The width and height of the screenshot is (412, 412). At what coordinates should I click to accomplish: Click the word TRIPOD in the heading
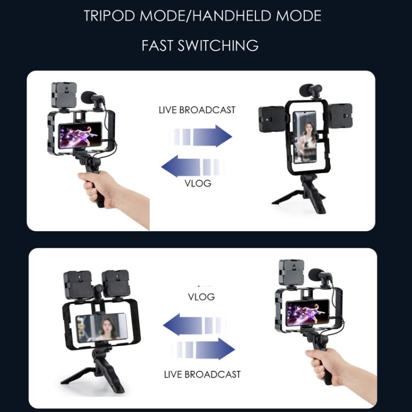(109, 15)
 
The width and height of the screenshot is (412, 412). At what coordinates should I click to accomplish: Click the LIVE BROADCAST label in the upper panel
(197, 110)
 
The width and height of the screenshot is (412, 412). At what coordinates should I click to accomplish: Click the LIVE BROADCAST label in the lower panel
(202, 375)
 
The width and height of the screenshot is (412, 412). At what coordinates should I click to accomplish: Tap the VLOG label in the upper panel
(198, 183)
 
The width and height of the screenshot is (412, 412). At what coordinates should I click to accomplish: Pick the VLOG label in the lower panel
(201, 297)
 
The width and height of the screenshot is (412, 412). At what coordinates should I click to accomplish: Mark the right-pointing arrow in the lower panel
(209, 348)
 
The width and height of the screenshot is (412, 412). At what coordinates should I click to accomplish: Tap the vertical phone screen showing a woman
(304, 137)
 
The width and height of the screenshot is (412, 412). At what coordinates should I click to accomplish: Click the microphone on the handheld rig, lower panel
(318, 275)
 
